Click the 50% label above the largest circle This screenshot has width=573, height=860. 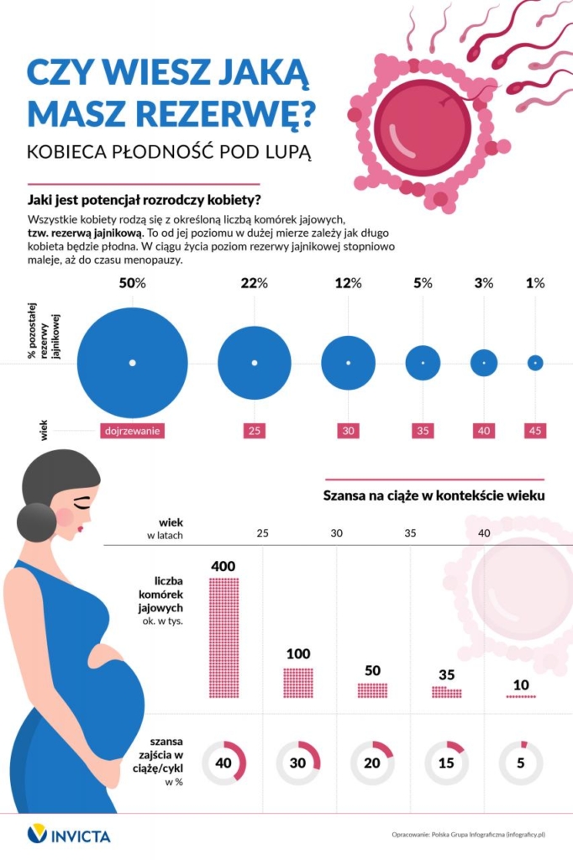click(x=132, y=283)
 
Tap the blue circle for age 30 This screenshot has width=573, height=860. click(x=349, y=363)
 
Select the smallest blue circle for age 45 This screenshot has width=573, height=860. click(x=535, y=363)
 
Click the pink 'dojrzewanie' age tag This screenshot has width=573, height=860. click(x=132, y=431)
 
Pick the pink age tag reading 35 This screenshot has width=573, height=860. click(x=423, y=431)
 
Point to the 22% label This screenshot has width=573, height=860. click(x=254, y=283)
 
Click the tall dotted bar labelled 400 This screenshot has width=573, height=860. click(x=224, y=637)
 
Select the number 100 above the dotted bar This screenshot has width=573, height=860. click(x=298, y=653)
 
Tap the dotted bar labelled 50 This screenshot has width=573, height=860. click(x=372, y=690)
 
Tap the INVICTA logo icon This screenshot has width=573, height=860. click(x=37, y=835)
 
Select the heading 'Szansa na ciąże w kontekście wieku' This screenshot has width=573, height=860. click(x=434, y=496)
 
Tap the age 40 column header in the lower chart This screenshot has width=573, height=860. click(x=484, y=533)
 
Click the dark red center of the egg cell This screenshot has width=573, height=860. click(x=422, y=128)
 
